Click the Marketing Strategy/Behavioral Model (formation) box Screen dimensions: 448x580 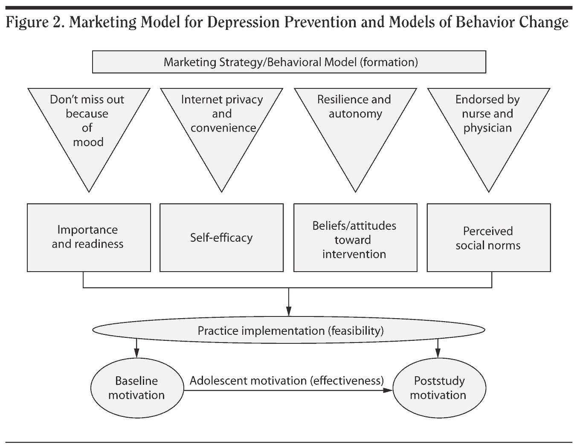point(289,62)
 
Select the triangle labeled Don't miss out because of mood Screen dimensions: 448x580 point(89,124)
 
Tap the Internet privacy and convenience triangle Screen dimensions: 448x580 point(221,124)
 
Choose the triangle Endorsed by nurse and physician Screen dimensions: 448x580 point(488,124)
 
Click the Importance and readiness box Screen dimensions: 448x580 point(89,237)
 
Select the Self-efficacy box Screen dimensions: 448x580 point(221,237)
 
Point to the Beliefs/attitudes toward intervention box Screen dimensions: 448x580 point(355,237)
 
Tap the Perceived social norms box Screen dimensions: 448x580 point(488,237)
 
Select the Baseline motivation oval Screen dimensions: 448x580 point(136,388)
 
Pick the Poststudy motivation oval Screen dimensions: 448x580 point(438,388)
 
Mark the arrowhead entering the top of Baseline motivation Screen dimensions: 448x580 point(136,354)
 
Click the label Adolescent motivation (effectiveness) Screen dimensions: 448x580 point(287,381)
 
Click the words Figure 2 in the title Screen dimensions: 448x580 point(34,22)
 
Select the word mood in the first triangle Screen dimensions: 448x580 point(88,142)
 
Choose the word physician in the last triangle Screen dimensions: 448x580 point(487,128)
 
